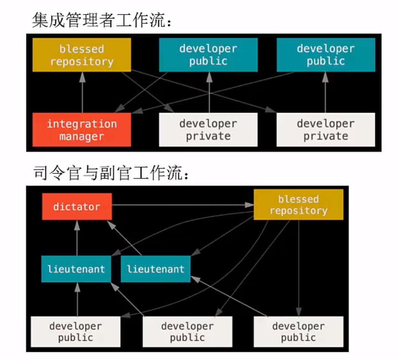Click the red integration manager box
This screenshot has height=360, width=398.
(82, 130)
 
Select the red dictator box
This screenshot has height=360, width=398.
(77, 206)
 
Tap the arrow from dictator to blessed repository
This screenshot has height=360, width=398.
(180, 205)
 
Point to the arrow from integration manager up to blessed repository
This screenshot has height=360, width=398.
(82, 92)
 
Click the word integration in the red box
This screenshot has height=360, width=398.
(82, 124)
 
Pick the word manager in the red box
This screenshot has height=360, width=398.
(82, 136)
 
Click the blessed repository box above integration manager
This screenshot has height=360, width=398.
(82, 55)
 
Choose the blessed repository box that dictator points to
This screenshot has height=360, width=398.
(298, 205)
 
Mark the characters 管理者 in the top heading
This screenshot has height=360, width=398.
(91, 20)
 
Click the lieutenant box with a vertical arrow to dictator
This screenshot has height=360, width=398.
(76, 268)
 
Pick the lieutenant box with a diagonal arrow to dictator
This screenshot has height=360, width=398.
(155, 268)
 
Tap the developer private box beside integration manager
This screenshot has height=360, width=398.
(208, 130)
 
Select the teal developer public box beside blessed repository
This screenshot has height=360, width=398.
(208, 55)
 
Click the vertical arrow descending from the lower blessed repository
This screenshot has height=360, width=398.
(298, 268)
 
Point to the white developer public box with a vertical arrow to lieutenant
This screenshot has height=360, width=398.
(76, 332)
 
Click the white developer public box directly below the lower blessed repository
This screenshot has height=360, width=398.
(298, 332)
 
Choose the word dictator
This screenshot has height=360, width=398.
(77, 207)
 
